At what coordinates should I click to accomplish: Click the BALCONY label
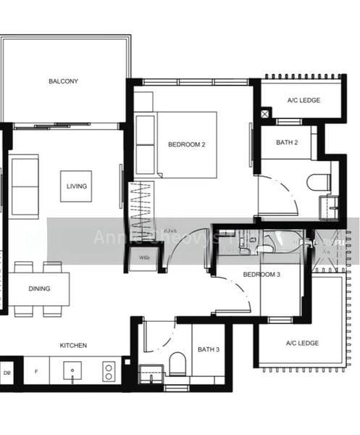click(x=64, y=81)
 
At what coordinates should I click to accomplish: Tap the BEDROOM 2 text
click(x=187, y=144)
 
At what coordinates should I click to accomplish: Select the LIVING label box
click(x=76, y=186)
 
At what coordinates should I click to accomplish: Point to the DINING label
click(x=40, y=289)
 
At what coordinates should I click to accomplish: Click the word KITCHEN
click(x=73, y=345)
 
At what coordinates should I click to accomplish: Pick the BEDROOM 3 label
click(x=261, y=275)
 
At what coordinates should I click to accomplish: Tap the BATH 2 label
click(x=287, y=142)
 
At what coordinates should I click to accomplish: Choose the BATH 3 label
click(x=208, y=350)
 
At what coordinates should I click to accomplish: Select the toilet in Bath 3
click(x=177, y=363)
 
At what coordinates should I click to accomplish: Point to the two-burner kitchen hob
click(x=109, y=372)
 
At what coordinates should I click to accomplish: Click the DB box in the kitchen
click(x=7, y=373)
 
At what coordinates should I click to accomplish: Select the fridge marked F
click(x=36, y=373)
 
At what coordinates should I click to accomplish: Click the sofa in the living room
click(x=25, y=186)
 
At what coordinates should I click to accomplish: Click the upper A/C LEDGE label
click(x=304, y=100)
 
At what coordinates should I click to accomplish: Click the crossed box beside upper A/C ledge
click(x=266, y=113)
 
